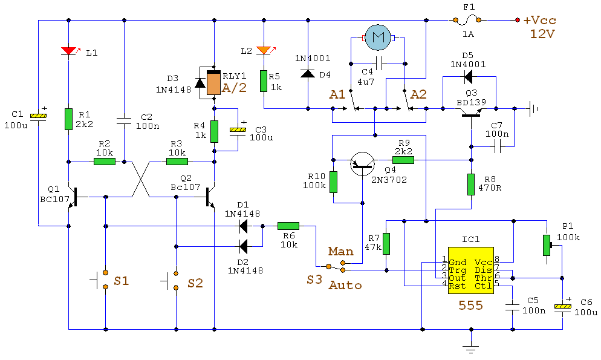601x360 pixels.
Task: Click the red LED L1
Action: point(70,51)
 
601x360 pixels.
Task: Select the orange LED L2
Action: point(264,50)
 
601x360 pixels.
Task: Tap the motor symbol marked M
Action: point(378,38)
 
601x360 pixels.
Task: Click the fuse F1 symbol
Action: point(466,21)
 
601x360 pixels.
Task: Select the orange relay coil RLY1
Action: point(214,83)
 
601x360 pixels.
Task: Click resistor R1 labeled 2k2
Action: point(69,119)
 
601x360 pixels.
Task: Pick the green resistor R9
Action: point(403,160)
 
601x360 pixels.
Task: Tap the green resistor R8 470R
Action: point(471,184)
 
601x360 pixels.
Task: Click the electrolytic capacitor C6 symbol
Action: point(562,307)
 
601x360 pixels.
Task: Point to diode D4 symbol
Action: point(308,74)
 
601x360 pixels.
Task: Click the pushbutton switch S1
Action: point(100,280)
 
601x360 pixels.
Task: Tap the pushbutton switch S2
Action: point(171,280)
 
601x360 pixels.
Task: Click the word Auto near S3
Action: point(345,284)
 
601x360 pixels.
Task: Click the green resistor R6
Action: point(288,226)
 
